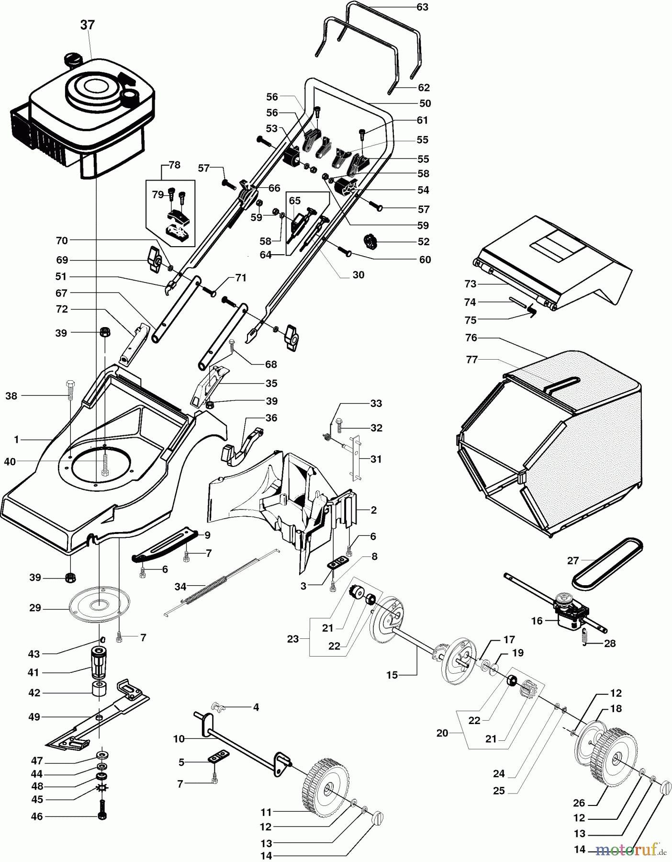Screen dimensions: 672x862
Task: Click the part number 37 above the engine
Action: tap(88, 25)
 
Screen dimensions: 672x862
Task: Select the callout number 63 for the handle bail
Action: tap(422, 7)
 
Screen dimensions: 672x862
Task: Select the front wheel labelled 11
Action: tap(325, 785)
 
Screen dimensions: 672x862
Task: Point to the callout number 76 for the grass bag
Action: tap(471, 338)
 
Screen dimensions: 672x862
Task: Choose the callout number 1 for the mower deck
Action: tap(16, 439)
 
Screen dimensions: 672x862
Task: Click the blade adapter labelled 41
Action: tap(99, 662)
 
